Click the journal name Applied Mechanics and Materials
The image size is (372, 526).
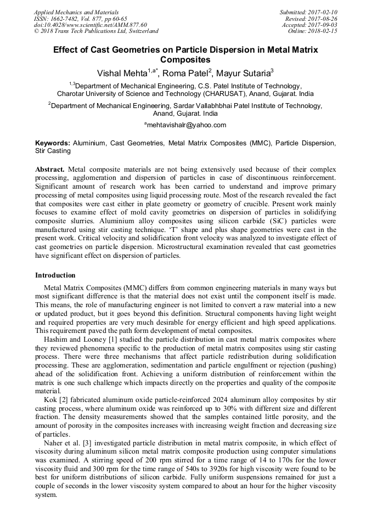(76, 12)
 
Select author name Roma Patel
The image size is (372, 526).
(186, 73)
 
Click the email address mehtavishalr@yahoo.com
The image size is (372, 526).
(187, 126)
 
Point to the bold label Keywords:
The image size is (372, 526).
(53, 143)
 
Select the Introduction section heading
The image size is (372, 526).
(55, 275)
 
